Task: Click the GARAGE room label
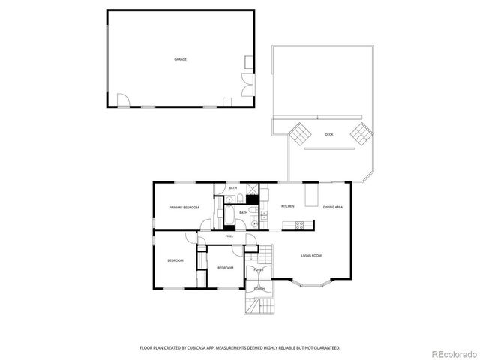[180, 58]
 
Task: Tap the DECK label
[328, 135]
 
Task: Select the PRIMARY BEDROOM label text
[184, 207]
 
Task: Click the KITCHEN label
[287, 206]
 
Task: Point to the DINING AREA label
[333, 207]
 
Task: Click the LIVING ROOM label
[311, 256]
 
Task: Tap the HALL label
[229, 236]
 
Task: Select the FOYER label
[257, 268]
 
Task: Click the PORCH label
[259, 289]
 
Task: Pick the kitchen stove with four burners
[298, 225]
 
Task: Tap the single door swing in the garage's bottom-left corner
[125, 100]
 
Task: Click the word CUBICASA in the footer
[197, 348]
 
